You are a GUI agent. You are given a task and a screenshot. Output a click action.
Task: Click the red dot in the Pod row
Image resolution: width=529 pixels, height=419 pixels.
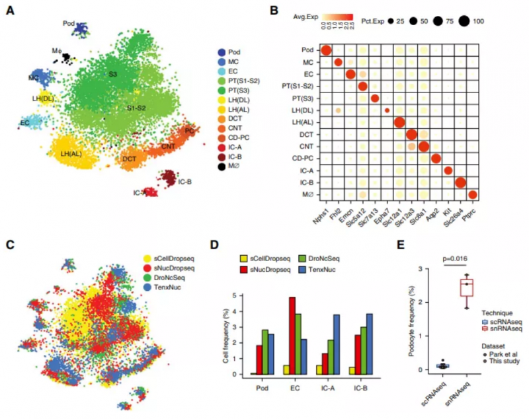326,50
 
